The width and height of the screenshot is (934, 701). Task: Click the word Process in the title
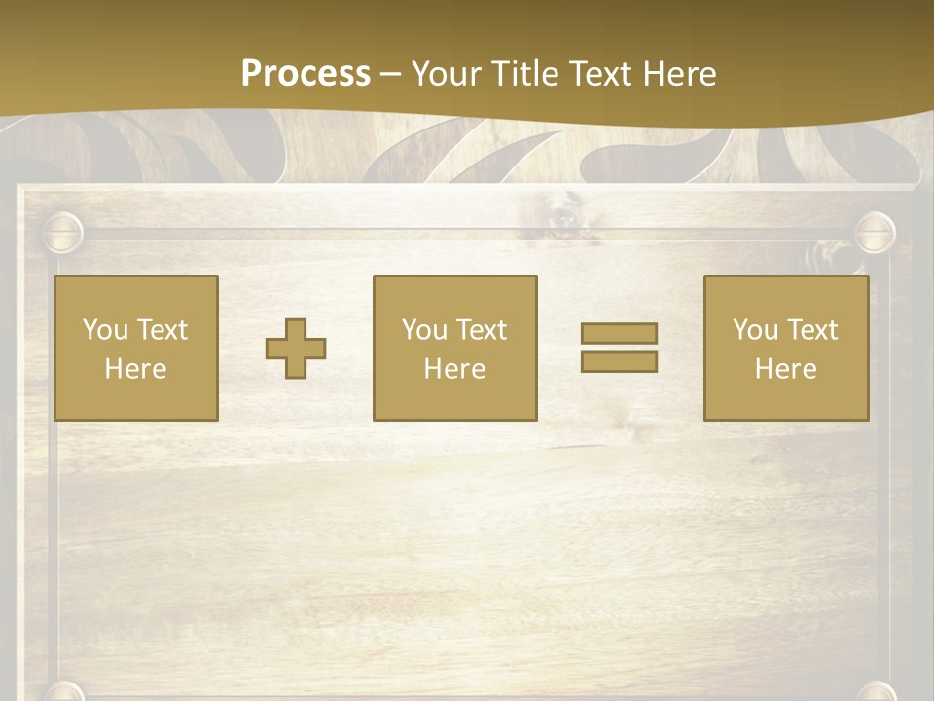click(x=305, y=74)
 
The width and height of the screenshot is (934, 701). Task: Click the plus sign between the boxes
click(x=296, y=348)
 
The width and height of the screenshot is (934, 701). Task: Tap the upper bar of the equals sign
click(x=619, y=333)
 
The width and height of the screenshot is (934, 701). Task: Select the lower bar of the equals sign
click(x=619, y=361)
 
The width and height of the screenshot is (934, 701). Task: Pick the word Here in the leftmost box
click(x=135, y=369)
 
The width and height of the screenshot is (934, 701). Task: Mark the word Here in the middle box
click(x=454, y=369)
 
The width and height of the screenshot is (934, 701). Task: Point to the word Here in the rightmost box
click(x=785, y=369)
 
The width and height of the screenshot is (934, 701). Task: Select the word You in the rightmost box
click(x=755, y=330)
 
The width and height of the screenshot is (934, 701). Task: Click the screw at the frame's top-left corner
click(x=63, y=233)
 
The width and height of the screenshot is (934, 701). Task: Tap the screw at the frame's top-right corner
click(x=874, y=233)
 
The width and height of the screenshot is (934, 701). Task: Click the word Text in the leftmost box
click(x=162, y=330)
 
